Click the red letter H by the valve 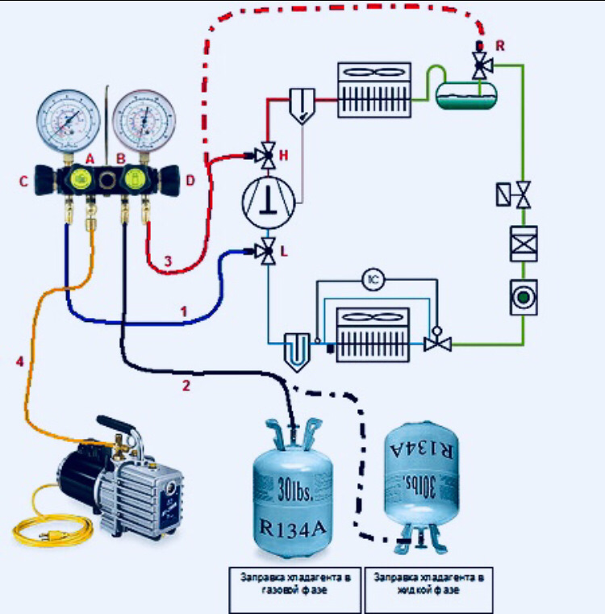(283, 153)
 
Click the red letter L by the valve (283, 252)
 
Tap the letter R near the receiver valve (500, 45)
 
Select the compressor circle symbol (269, 202)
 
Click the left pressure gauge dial (67, 119)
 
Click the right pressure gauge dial (143, 119)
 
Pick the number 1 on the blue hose (184, 310)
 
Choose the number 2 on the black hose (186, 386)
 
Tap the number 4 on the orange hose (20, 362)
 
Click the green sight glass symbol (523, 297)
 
